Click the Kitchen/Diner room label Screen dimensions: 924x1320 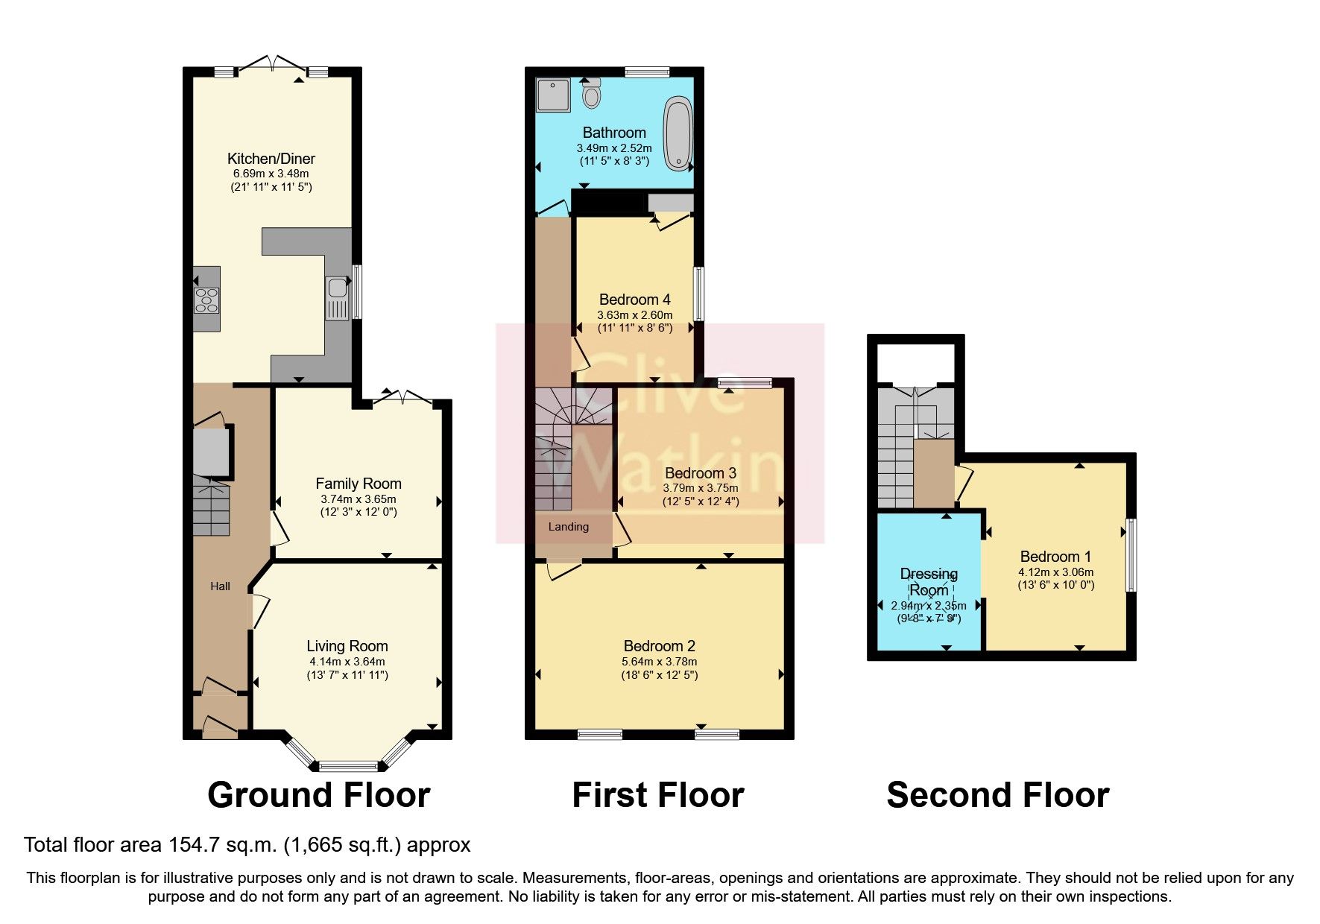[271, 159]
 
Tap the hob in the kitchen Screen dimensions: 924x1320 [206, 300]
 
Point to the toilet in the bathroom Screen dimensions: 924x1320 [593, 94]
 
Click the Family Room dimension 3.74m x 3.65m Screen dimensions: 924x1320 [358, 499]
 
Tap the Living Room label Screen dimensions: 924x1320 [347, 646]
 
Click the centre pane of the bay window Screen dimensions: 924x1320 [349, 765]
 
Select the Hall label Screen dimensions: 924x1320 [220, 586]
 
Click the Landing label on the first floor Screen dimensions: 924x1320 [569, 527]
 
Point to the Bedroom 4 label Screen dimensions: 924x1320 [634, 300]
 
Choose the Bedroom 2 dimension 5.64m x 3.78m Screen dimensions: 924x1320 [660, 662]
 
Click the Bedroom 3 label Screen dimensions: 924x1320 [700, 473]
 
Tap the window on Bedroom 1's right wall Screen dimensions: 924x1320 [1131, 556]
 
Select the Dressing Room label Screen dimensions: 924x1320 [929, 582]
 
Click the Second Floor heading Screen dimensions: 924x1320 [997, 795]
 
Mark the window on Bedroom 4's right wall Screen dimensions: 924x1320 [699, 294]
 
